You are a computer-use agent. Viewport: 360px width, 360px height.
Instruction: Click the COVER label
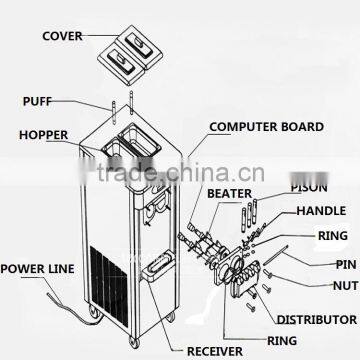[62, 36]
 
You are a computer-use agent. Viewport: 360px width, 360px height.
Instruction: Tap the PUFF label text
[37, 101]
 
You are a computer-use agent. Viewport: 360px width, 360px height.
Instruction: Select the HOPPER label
[43, 135]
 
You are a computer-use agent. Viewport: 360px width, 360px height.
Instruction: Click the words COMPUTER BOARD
[266, 127]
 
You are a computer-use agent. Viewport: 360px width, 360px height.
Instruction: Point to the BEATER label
[229, 194]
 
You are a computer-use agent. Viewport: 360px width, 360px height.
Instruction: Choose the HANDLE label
[321, 211]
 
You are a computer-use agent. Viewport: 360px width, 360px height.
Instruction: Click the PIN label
[346, 265]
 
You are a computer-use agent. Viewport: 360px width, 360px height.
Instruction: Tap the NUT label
[346, 286]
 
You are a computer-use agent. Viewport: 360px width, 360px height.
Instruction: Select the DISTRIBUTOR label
[317, 320]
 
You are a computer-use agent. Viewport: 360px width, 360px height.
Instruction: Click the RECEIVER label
[215, 351]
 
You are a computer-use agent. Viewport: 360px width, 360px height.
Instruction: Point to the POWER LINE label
[37, 269]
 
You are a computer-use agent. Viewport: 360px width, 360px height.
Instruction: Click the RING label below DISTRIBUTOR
[282, 341]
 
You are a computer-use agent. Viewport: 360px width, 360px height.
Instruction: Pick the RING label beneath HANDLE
[333, 236]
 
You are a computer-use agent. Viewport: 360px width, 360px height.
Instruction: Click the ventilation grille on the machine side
[109, 285]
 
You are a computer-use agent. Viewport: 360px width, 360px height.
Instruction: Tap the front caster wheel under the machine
[134, 342]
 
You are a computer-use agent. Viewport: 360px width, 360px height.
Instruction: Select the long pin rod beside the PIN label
[275, 256]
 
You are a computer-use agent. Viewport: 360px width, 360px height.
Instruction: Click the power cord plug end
[50, 295]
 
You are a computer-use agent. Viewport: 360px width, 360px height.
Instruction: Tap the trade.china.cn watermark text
[180, 173]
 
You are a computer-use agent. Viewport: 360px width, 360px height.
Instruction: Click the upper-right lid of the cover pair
[140, 45]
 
